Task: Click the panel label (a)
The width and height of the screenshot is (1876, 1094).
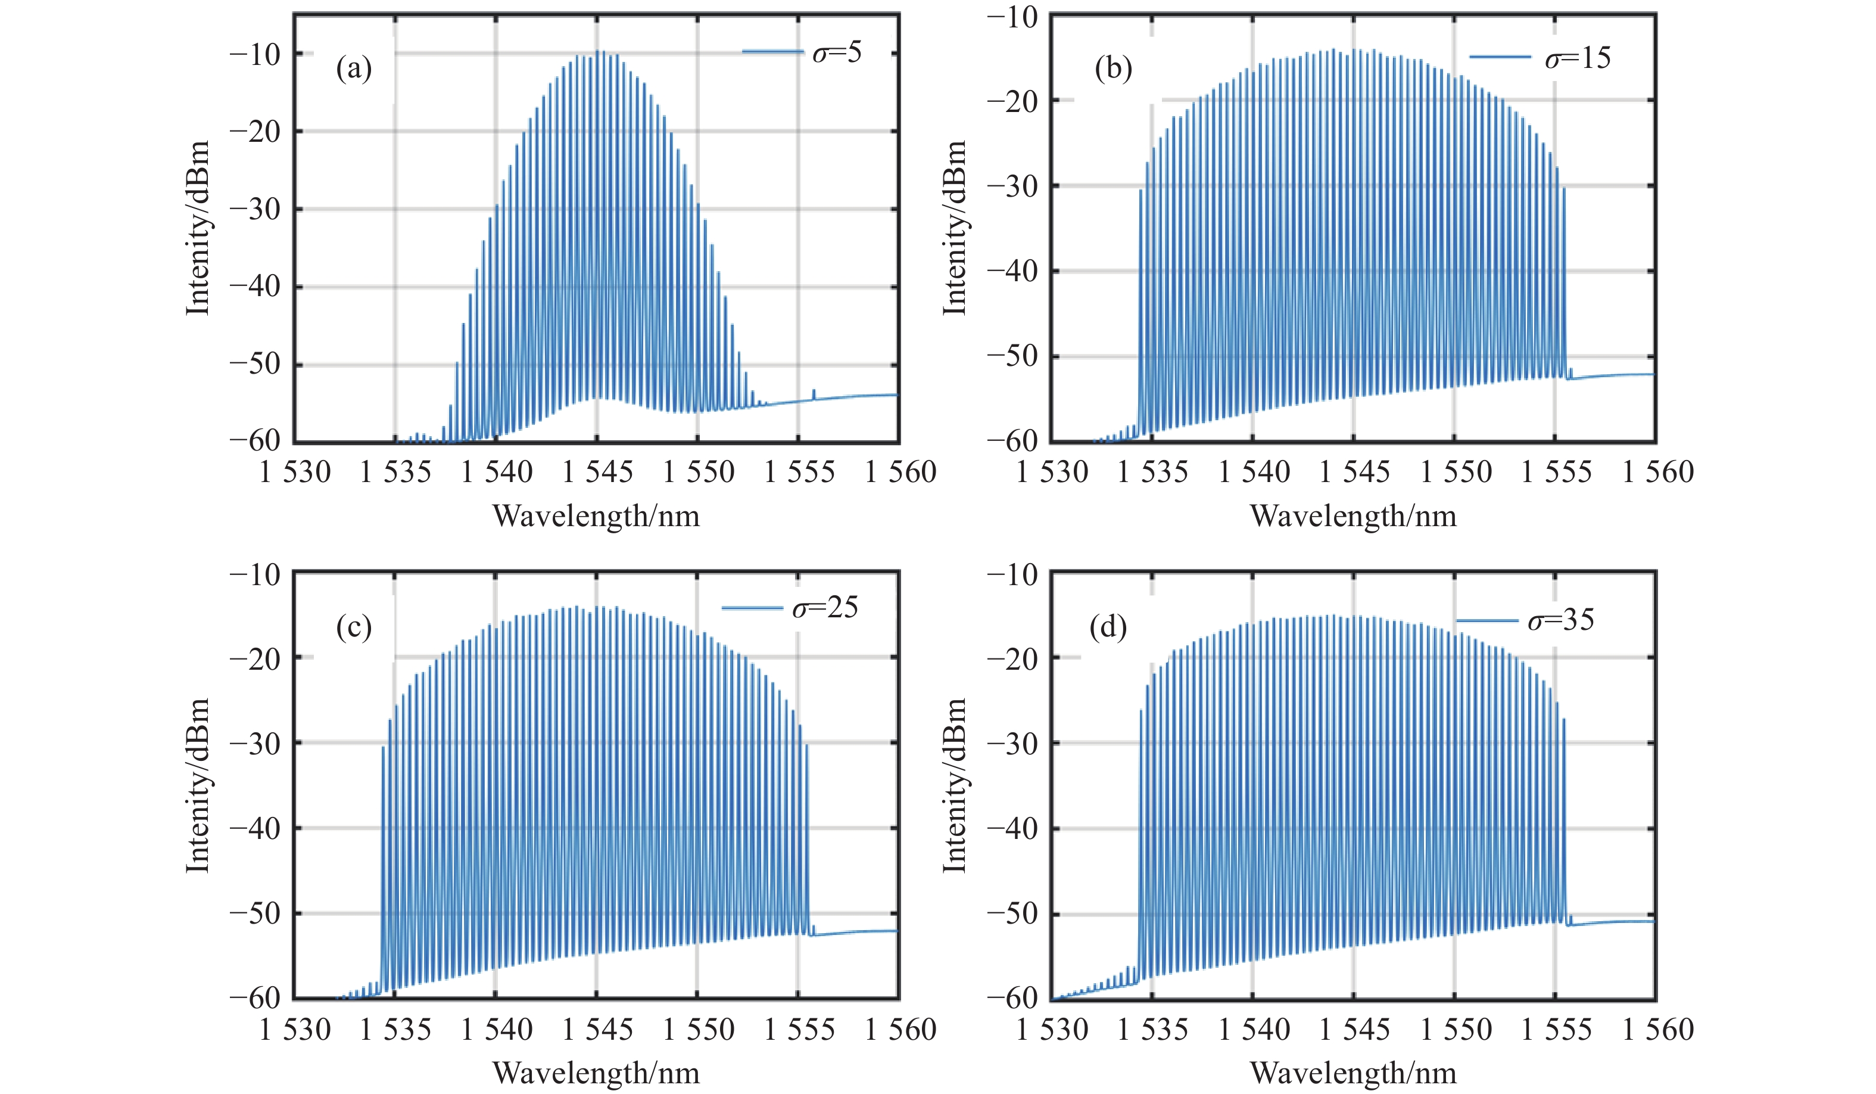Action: coord(354,69)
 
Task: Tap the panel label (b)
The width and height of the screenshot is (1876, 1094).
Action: coord(1113,69)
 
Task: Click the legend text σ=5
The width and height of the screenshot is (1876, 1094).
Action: coord(837,53)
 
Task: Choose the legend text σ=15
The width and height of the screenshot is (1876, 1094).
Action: coord(1578,58)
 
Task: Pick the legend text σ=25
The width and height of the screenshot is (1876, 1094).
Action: coord(825,608)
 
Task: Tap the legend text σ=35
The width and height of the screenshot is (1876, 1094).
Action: coord(1561,620)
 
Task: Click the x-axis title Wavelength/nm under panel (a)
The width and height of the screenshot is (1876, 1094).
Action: coord(596,516)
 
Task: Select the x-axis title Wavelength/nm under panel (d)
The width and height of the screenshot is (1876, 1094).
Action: coord(1353,1073)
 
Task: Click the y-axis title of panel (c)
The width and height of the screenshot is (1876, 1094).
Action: coord(197,786)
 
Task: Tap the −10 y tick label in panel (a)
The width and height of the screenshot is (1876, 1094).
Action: coord(255,54)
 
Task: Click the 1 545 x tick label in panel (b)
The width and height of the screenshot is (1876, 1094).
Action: coord(1354,472)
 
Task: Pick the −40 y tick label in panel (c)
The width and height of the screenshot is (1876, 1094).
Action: coord(255,828)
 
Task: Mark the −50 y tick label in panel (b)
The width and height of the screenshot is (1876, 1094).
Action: coord(1012,356)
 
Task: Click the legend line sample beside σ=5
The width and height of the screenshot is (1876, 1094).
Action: coord(773,51)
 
